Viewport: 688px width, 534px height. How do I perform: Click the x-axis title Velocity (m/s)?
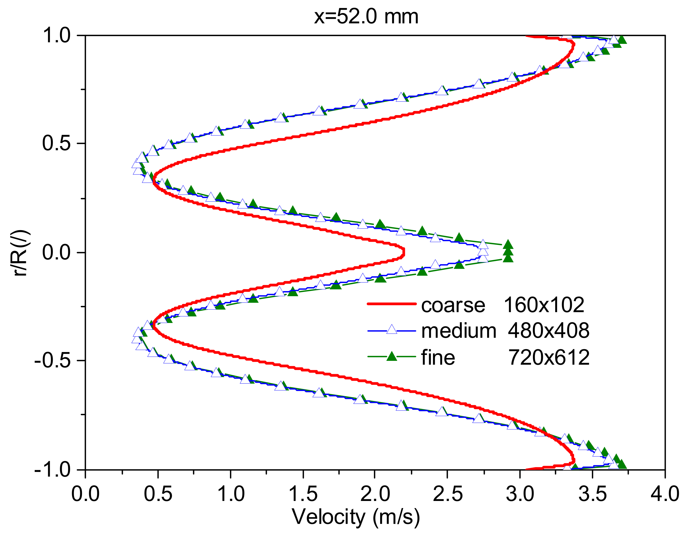click(x=356, y=517)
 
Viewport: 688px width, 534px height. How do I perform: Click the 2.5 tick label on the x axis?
click(x=448, y=494)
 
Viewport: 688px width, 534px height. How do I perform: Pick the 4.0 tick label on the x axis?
click(x=665, y=494)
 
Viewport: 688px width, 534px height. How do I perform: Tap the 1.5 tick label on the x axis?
click(x=303, y=494)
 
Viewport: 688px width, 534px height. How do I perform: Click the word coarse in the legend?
click(x=453, y=306)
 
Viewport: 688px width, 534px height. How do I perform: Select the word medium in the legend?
click(x=459, y=331)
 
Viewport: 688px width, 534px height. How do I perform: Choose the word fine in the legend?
click(x=438, y=358)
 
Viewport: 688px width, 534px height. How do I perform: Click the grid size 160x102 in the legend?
click(x=544, y=305)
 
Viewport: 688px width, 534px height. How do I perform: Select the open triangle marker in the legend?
click(x=392, y=330)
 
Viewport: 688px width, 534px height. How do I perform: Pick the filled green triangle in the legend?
click(x=392, y=357)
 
